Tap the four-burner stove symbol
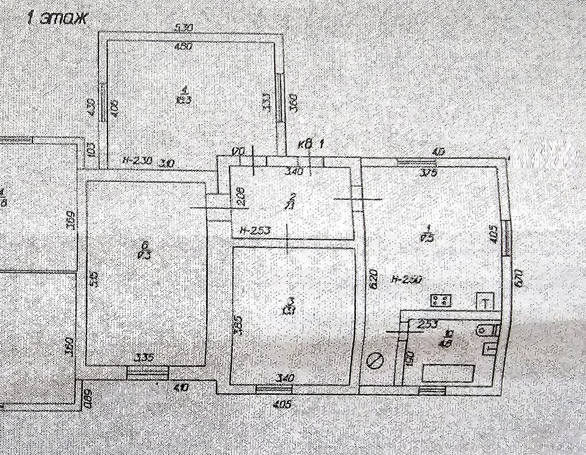pyautogui.click(x=441, y=299)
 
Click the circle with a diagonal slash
pyautogui.click(x=376, y=361)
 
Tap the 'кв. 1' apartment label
pyautogui.click(x=311, y=145)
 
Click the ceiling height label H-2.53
pyautogui.click(x=255, y=231)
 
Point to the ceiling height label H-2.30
pyautogui.click(x=137, y=161)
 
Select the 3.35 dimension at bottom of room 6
pyautogui.click(x=143, y=358)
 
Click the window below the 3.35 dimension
pyautogui.click(x=148, y=373)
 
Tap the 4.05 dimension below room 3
pyautogui.click(x=283, y=405)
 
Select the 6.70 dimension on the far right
pyautogui.click(x=519, y=279)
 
